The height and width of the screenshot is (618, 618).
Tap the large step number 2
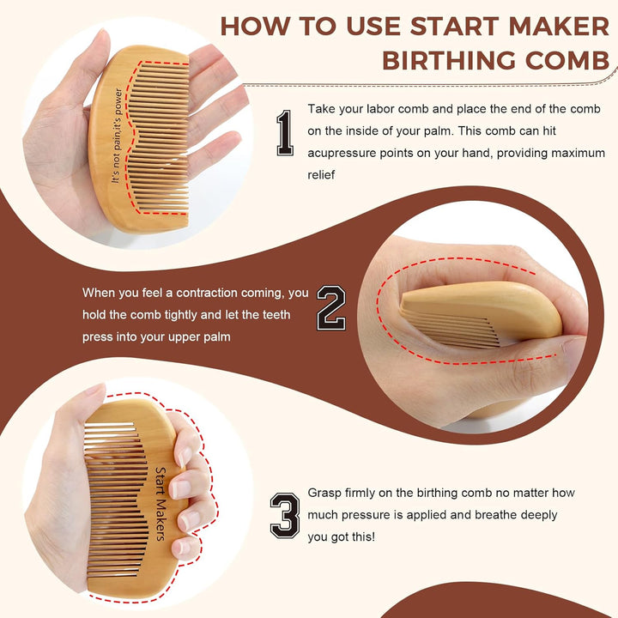point(331,308)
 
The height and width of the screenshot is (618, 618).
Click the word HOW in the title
point(257,25)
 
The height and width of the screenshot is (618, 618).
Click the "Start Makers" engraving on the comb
point(160,503)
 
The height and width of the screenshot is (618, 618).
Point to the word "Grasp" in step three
point(324,494)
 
